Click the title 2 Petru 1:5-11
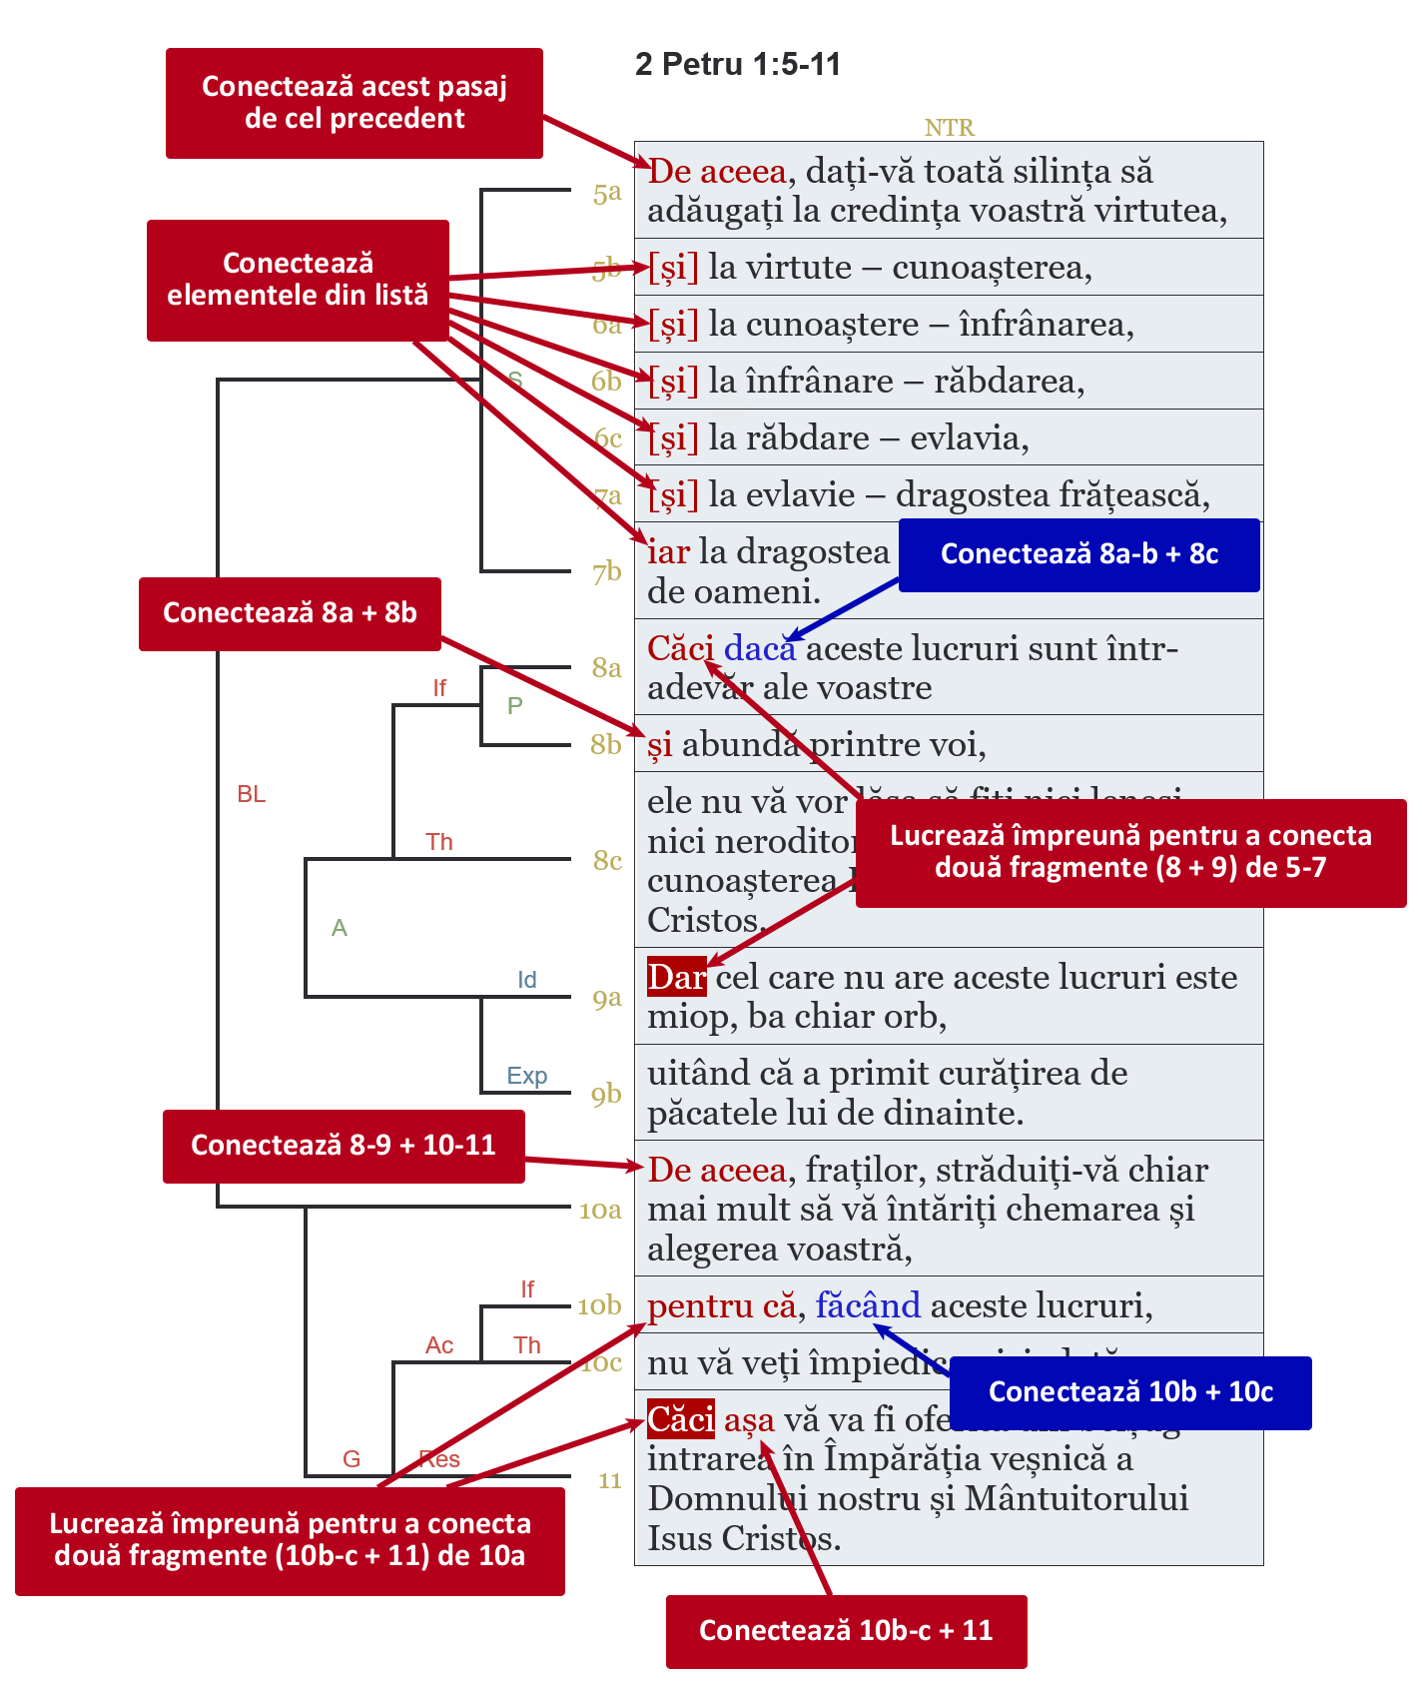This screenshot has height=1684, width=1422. point(737,65)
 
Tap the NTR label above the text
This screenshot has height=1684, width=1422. point(949,128)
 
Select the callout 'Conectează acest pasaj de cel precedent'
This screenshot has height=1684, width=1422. point(355,103)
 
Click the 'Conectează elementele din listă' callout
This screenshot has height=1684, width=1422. point(298,280)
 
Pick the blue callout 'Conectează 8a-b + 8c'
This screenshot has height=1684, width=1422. point(1078,554)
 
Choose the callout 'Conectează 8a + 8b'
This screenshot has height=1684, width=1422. point(290,613)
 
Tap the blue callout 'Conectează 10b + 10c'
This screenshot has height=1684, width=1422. point(1130,1392)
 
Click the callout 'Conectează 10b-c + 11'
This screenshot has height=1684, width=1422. point(846,1631)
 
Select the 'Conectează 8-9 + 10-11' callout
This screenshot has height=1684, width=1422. point(344,1146)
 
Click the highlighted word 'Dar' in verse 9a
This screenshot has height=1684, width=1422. point(676,977)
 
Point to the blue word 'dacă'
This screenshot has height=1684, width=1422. point(760,649)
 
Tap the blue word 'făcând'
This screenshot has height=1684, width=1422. point(868,1305)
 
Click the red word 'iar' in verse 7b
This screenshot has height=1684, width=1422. point(668,551)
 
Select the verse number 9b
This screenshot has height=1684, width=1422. point(606,1095)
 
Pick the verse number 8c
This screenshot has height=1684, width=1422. point(607,860)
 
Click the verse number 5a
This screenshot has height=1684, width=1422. point(607,192)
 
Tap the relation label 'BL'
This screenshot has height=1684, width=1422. point(252,794)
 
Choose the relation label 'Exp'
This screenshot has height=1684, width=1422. point(526,1076)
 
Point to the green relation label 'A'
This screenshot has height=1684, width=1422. point(340,928)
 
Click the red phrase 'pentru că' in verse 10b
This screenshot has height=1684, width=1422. point(722,1305)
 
